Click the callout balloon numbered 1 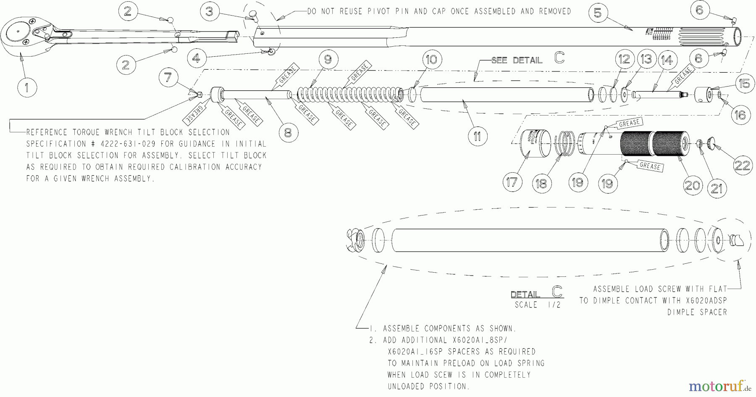(27, 87)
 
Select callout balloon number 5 (598, 13)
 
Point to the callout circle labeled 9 (328, 60)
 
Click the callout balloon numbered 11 (477, 136)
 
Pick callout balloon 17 (512, 182)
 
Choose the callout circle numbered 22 (742, 166)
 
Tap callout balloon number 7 (168, 78)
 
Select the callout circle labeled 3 (209, 12)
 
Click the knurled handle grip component (653, 144)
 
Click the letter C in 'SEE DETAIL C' (559, 58)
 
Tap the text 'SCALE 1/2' (538, 305)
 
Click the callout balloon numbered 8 (288, 133)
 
